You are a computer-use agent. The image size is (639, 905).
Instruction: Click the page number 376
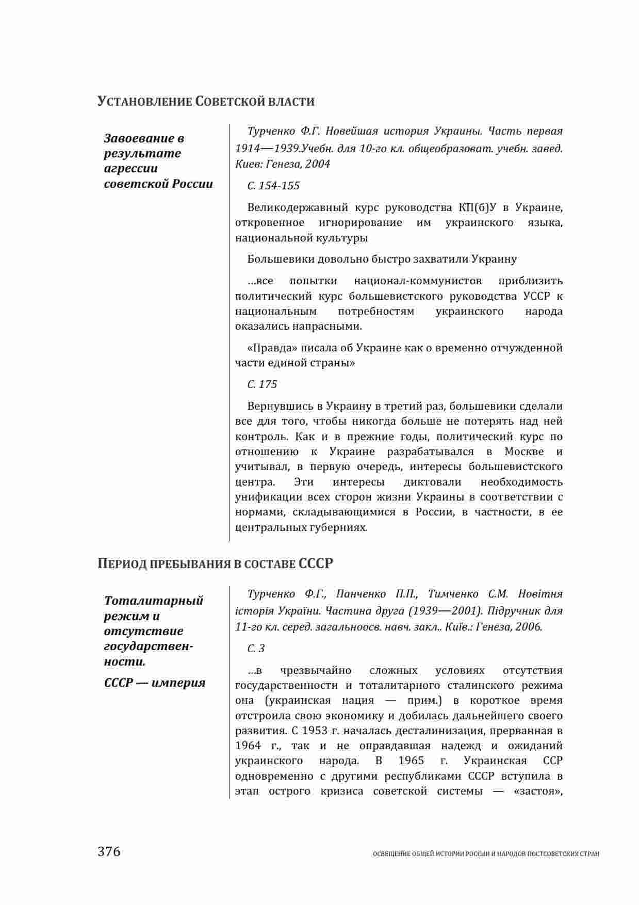tap(109, 851)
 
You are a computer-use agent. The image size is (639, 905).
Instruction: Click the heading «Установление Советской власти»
tap(206, 101)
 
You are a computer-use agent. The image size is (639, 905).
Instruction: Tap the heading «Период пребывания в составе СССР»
tap(216, 563)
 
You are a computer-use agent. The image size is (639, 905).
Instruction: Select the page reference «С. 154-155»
tap(273, 186)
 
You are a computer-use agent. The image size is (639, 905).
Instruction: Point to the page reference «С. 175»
tap(262, 384)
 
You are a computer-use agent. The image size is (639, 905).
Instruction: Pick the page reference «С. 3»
tap(256, 649)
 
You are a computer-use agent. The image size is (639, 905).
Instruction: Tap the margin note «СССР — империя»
tap(155, 683)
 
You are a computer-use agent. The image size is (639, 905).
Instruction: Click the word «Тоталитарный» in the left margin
tap(154, 601)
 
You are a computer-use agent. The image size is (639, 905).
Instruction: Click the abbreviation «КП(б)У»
tap(477, 208)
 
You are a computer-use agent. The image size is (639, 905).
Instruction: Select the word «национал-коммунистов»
tap(418, 281)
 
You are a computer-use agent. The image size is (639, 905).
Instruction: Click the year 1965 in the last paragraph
tap(412, 761)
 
